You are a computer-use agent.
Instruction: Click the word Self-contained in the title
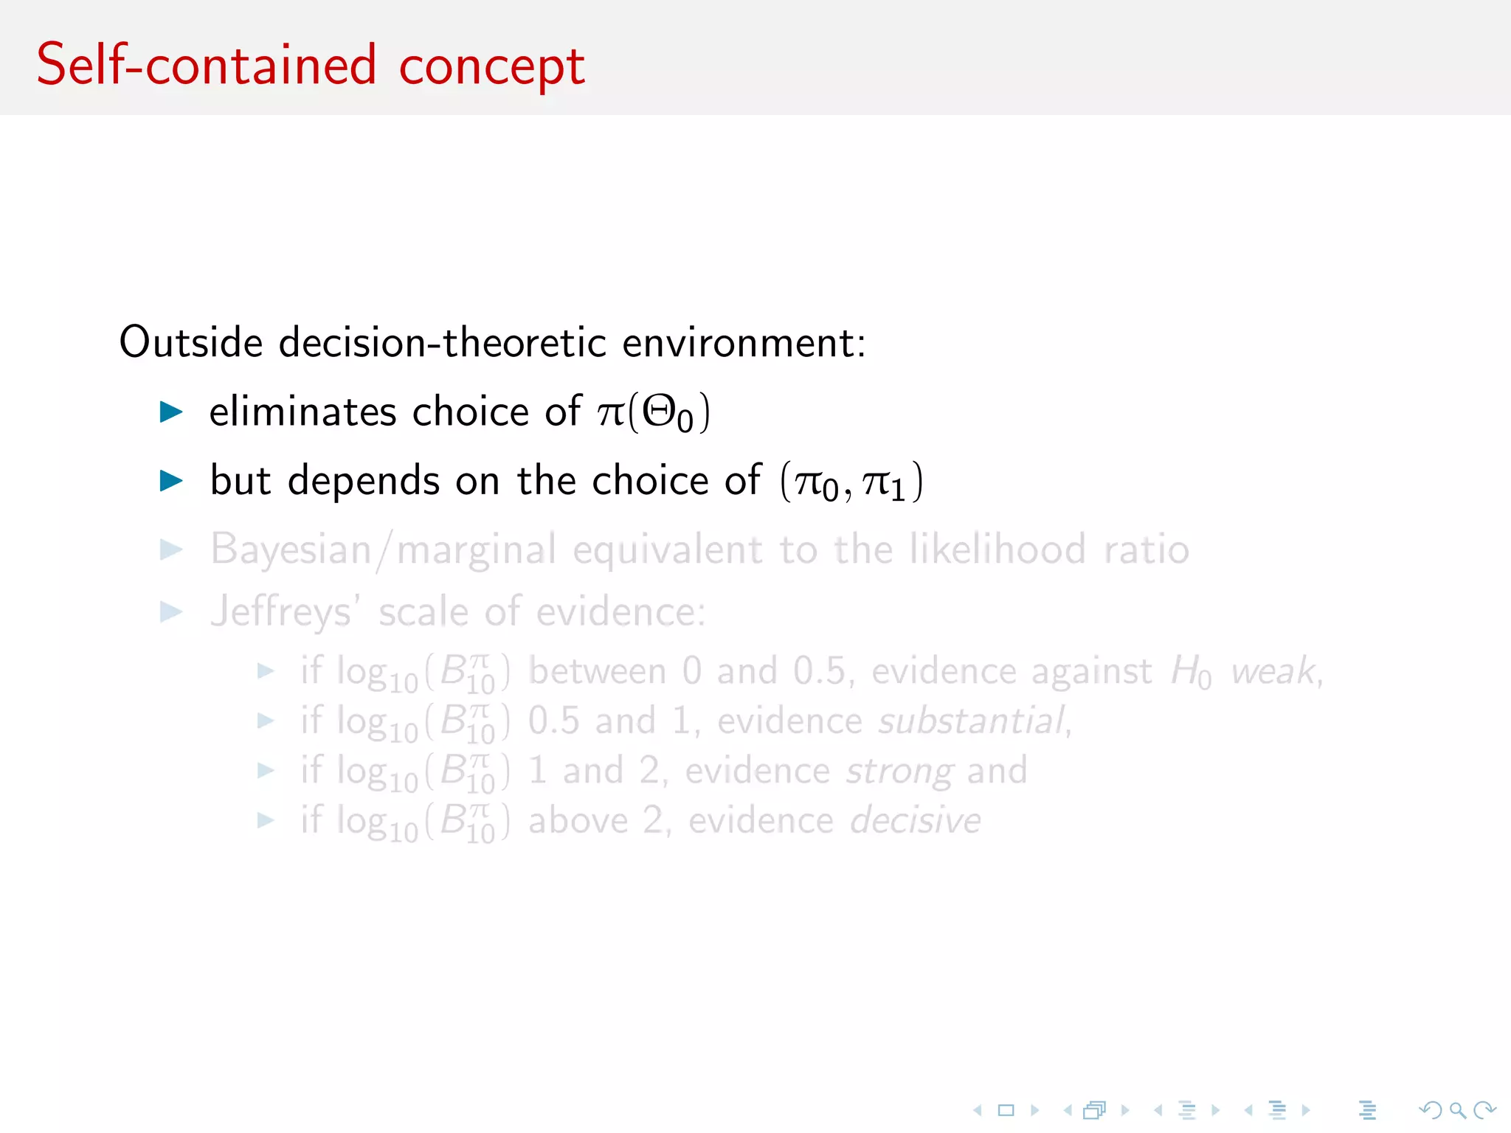tap(206, 65)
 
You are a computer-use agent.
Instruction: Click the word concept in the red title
tap(491, 68)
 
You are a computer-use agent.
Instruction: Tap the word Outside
tap(190, 342)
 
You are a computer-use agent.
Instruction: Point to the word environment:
tap(744, 344)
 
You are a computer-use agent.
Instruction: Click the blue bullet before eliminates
tap(171, 412)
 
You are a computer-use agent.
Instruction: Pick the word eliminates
tap(302, 411)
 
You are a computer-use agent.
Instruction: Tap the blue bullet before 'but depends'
tap(171, 481)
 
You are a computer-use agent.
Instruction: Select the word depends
tap(364, 481)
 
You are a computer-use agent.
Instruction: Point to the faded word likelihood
tap(997, 550)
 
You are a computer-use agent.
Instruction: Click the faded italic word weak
tap(1273, 671)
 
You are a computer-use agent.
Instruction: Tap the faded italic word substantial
tap(972, 721)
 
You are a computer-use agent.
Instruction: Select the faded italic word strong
tap(899, 772)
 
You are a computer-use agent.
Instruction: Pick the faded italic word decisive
tap(915, 820)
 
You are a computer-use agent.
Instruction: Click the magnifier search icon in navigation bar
tap(1457, 1110)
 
